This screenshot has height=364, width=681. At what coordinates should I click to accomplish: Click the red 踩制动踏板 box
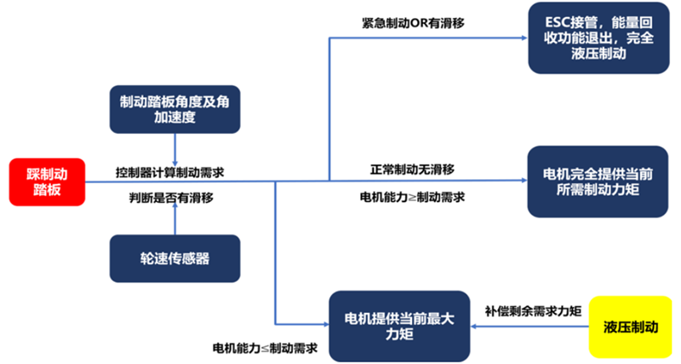(48, 181)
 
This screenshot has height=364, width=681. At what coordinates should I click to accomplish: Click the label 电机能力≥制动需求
(412, 197)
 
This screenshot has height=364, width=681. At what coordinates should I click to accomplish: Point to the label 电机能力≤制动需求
(265, 349)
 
